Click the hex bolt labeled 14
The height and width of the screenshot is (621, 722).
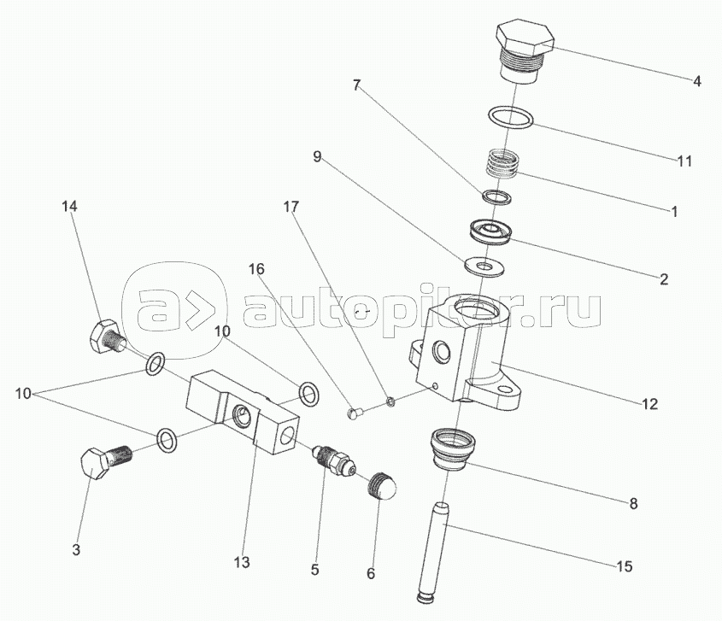point(104,335)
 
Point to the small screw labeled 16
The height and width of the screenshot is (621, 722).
point(358,414)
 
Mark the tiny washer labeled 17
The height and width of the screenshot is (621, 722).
point(390,401)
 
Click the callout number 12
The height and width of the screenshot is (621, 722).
point(651,402)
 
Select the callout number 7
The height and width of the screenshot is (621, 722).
point(356,85)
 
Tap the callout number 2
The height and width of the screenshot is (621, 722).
point(664,278)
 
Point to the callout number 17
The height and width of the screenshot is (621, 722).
point(291,207)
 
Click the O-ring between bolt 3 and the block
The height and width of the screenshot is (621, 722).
point(167,439)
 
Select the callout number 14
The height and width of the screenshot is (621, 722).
point(69,206)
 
